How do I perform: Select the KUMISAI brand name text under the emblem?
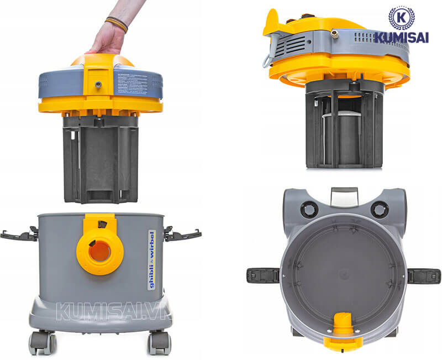click(x=401, y=38)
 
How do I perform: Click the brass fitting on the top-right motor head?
click(x=334, y=34)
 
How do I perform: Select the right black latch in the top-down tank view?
click(x=424, y=275)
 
